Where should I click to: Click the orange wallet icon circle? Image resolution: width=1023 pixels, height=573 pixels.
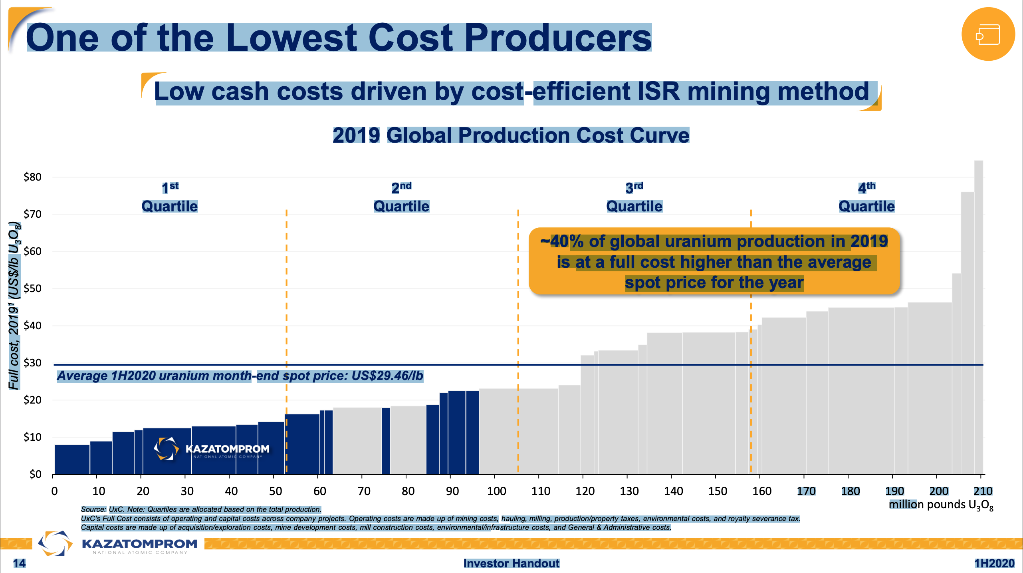pyautogui.click(x=988, y=34)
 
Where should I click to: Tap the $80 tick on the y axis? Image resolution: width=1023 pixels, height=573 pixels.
pyautogui.click(x=33, y=177)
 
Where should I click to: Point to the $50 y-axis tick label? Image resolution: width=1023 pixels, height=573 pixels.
pyautogui.click(x=33, y=288)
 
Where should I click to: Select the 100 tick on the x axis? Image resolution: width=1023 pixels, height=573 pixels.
pyautogui.click(x=496, y=491)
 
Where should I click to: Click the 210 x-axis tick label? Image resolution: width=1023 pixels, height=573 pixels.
pyautogui.click(x=983, y=491)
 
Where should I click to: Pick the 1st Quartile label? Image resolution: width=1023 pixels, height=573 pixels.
pyautogui.click(x=170, y=197)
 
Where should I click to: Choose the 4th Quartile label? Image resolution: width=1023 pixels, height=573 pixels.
pyautogui.click(x=866, y=197)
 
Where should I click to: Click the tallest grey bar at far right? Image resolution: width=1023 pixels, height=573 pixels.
pyautogui.click(x=978, y=316)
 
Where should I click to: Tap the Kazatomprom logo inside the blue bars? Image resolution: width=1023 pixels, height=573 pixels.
pyautogui.click(x=212, y=449)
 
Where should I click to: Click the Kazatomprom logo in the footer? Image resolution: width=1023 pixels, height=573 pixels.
pyautogui.click(x=118, y=544)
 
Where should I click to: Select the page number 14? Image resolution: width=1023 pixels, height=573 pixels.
pyautogui.click(x=19, y=563)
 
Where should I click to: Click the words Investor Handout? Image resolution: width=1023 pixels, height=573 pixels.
pyautogui.click(x=511, y=563)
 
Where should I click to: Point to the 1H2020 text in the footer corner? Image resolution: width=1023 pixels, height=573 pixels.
pyautogui.click(x=994, y=563)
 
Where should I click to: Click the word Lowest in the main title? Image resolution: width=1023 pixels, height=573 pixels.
pyautogui.click(x=291, y=38)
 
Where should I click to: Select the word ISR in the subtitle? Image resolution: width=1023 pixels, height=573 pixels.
pyautogui.click(x=658, y=92)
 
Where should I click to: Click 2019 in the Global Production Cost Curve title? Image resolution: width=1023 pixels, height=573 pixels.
pyautogui.click(x=356, y=135)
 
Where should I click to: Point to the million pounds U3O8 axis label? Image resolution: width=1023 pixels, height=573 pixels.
pyautogui.click(x=941, y=505)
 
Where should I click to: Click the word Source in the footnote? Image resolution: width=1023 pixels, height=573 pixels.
pyautogui.click(x=93, y=509)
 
